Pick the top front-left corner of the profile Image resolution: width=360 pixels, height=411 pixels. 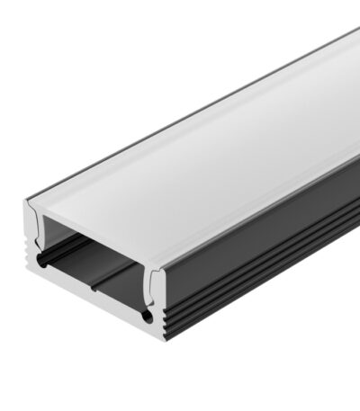tap(22, 200)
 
